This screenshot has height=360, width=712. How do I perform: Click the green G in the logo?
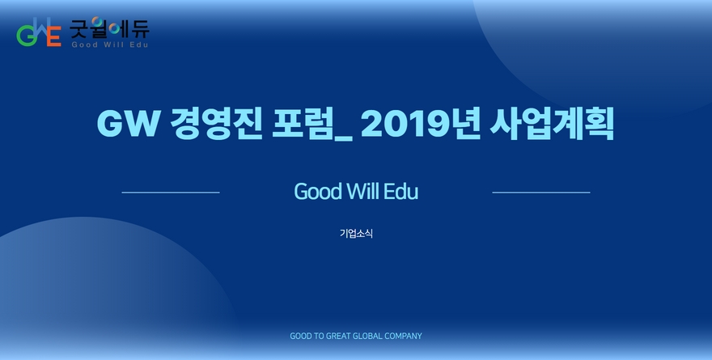tap(25, 36)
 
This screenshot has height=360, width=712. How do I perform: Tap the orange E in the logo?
tap(54, 36)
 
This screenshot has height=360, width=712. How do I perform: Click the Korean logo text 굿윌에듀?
tap(109, 28)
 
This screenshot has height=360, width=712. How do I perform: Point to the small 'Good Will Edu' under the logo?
tap(110, 44)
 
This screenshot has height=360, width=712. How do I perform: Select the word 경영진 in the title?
tap(216, 124)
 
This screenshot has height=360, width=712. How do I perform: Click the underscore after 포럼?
tap(343, 138)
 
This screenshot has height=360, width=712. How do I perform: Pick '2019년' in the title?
tap(421, 124)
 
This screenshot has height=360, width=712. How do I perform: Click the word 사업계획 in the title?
tap(552, 124)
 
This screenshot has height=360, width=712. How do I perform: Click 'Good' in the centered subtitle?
tap(318, 192)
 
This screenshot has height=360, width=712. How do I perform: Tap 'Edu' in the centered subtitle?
tap(401, 191)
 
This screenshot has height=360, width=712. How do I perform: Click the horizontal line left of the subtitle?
tap(171, 193)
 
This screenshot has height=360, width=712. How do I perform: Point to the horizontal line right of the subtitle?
tap(541, 193)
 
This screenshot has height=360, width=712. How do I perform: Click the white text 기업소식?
tap(356, 233)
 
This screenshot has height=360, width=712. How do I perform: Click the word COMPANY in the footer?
tap(403, 336)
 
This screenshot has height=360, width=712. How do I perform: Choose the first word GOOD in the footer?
tap(302, 336)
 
